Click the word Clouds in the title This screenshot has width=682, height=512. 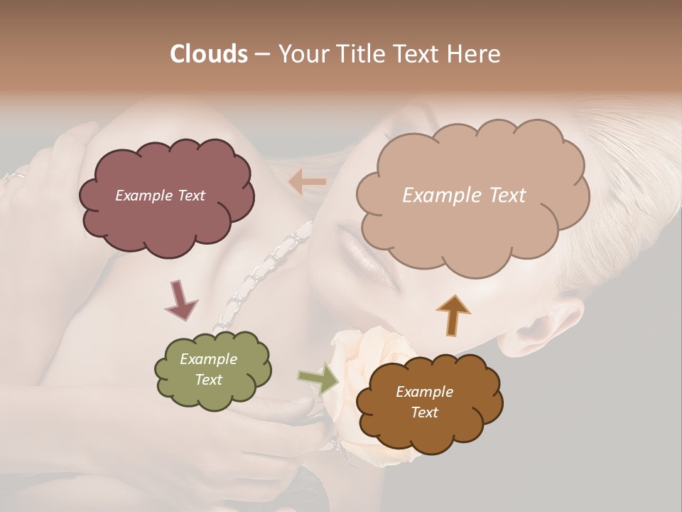(x=208, y=54)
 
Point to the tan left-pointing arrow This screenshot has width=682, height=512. (x=308, y=182)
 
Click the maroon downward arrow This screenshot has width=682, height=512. (x=180, y=299)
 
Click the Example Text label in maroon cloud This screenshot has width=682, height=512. (x=160, y=196)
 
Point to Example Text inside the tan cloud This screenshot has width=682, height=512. (x=464, y=196)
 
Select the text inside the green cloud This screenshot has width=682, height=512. (x=208, y=370)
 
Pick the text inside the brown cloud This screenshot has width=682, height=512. (x=424, y=402)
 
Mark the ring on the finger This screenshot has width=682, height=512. (x=14, y=177)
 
